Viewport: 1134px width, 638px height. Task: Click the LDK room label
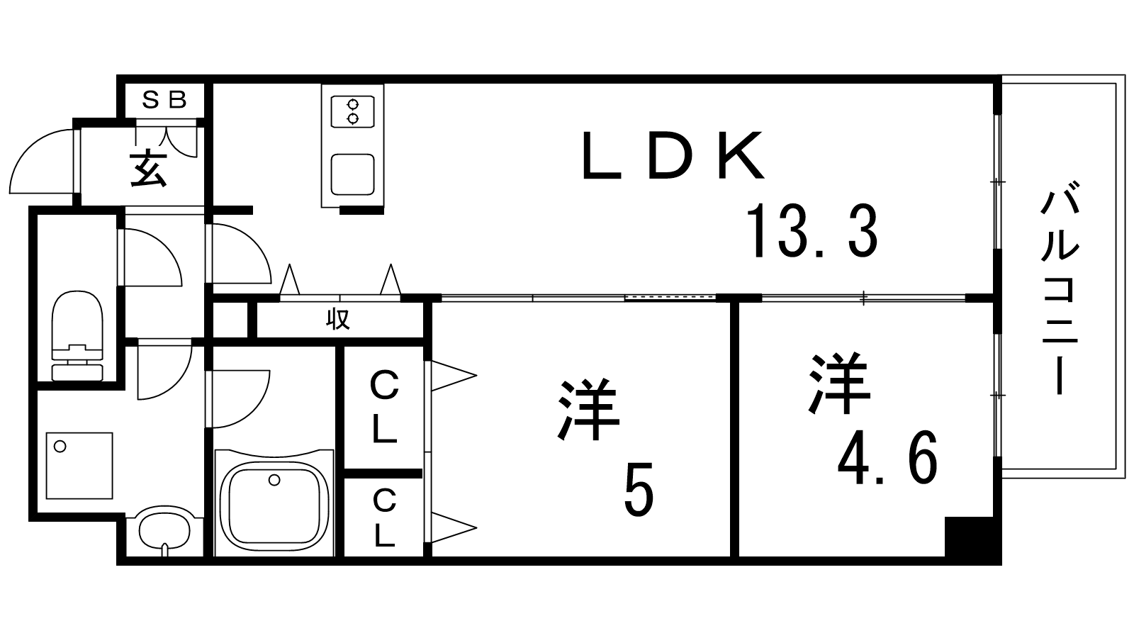point(673,156)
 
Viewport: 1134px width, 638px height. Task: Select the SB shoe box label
point(164,100)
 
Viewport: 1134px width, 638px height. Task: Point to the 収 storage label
point(337,320)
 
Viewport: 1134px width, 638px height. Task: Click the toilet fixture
point(77,335)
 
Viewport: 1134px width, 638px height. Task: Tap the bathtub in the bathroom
point(274,503)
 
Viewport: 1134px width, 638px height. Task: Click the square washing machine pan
point(79,465)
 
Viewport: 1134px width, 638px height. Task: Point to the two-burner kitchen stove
point(353,112)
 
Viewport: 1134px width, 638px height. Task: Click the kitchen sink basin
point(353,174)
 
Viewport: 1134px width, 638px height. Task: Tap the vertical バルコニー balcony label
point(1060,293)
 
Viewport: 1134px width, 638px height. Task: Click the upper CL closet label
point(385,407)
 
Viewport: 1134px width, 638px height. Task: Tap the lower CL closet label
point(385,517)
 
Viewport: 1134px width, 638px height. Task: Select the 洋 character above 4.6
point(839,383)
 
